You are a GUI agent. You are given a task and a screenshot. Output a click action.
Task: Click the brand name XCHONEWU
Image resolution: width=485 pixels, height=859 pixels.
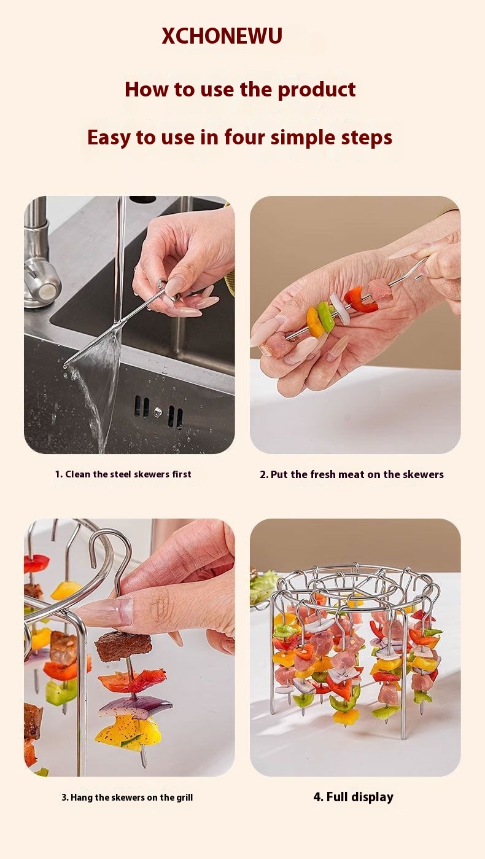coord(222,36)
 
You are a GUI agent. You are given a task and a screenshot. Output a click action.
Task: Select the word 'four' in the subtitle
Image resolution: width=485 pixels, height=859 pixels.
coord(244,137)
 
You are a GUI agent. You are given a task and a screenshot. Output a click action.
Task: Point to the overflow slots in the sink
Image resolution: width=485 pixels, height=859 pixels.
coord(158,412)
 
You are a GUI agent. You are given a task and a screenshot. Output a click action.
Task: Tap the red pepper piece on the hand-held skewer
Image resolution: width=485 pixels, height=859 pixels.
coord(360,299)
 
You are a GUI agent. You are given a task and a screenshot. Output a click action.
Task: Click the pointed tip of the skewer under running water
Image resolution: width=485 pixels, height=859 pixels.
coord(64,364)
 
